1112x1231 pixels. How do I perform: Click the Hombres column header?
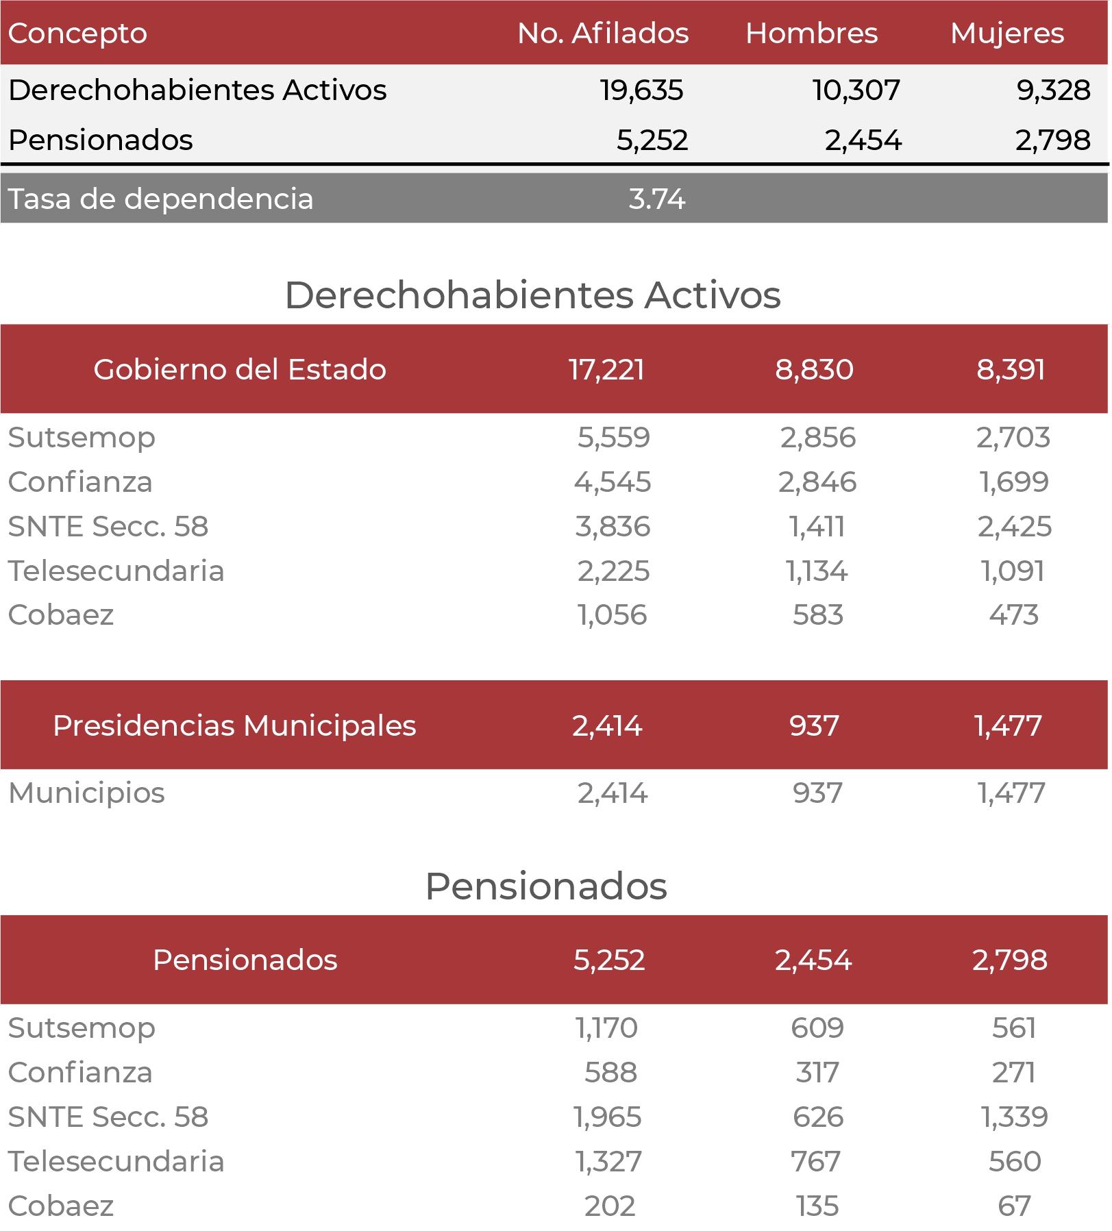click(x=811, y=33)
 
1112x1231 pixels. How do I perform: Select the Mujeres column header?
click(x=1007, y=34)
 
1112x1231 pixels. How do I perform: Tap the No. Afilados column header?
click(x=603, y=33)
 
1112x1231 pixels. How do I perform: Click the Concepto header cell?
click(x=77, y=34)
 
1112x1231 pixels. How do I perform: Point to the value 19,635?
click(x=642, y=90)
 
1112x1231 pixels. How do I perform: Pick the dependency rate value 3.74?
click(x=657, y=199)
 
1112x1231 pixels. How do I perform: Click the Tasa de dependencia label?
click(x=160, y=199)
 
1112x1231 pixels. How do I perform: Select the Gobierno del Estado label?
click(x=240, y=369)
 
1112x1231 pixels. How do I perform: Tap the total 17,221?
click(x=607, y=370)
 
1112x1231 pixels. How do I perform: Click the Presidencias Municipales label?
click(x=234, y=726)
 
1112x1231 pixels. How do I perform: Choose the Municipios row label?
click(x=86, y=793)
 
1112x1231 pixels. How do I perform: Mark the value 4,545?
click(x=613, y=482)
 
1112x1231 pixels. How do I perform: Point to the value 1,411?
click(x=817, y=527)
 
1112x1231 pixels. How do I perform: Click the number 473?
click(x=1014, y=615)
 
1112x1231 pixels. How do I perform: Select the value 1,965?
click(x=608, y=1117)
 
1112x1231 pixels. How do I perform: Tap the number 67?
click(x=1015, y=1206)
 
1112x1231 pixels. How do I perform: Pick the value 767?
click(x=815, y=1162)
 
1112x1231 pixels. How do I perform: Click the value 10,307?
click(x=856, y=90)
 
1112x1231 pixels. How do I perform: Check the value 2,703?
click(x=1013, y=438)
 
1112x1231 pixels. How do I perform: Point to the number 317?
click(x=817, y=1073)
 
